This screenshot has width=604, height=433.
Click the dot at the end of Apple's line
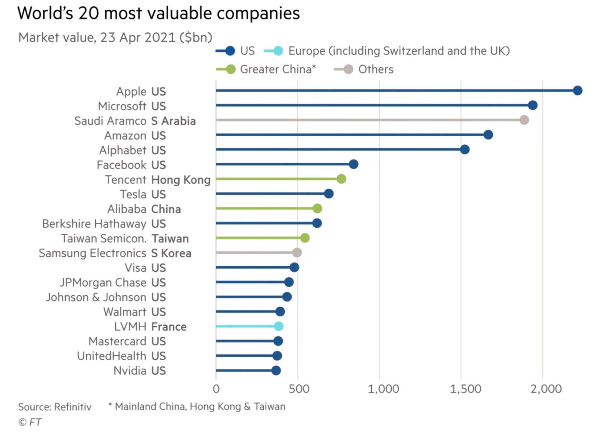(x=577, y=90)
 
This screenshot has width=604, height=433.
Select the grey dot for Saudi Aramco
(x=524, y=120)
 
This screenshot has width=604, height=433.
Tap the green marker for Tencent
(x=341, y=179)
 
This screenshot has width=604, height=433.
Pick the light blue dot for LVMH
(x=278, y=326)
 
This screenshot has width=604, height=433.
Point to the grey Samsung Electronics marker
(x=297, y=252)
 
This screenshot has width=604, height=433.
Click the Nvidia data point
(x=276, y=370)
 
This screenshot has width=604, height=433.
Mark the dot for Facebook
(x=353, y=164)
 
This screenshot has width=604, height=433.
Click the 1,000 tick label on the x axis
(x=383, y=389)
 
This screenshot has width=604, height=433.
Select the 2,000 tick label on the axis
(x=546, y=389)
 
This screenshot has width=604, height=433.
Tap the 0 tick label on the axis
(x=216, y=389)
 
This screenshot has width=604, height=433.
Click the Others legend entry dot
(x=348, y=69)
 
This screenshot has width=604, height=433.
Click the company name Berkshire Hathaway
(x=94, y=224)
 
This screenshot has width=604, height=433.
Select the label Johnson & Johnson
(x=96, y=297)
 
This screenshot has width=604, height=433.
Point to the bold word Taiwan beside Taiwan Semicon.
(x=170, y=238)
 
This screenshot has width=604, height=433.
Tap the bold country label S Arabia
(x=173, y=121)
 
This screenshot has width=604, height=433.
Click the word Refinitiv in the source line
(x=73, y=407)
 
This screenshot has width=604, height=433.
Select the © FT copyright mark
(x=30, y=422)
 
